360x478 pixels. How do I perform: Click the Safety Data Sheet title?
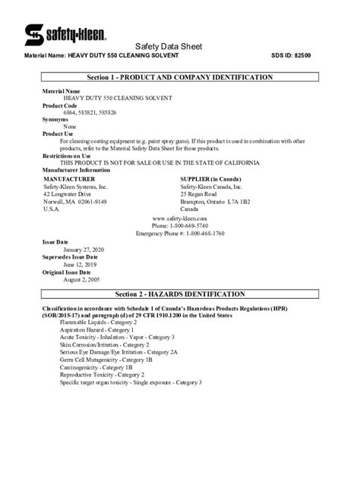pos(180,46)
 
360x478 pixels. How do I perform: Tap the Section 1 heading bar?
pos(180,77)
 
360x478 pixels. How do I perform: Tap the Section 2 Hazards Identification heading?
pos(180,293)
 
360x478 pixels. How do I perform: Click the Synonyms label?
pos(55,119)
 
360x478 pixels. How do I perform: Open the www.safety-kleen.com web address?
pos(180,218)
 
